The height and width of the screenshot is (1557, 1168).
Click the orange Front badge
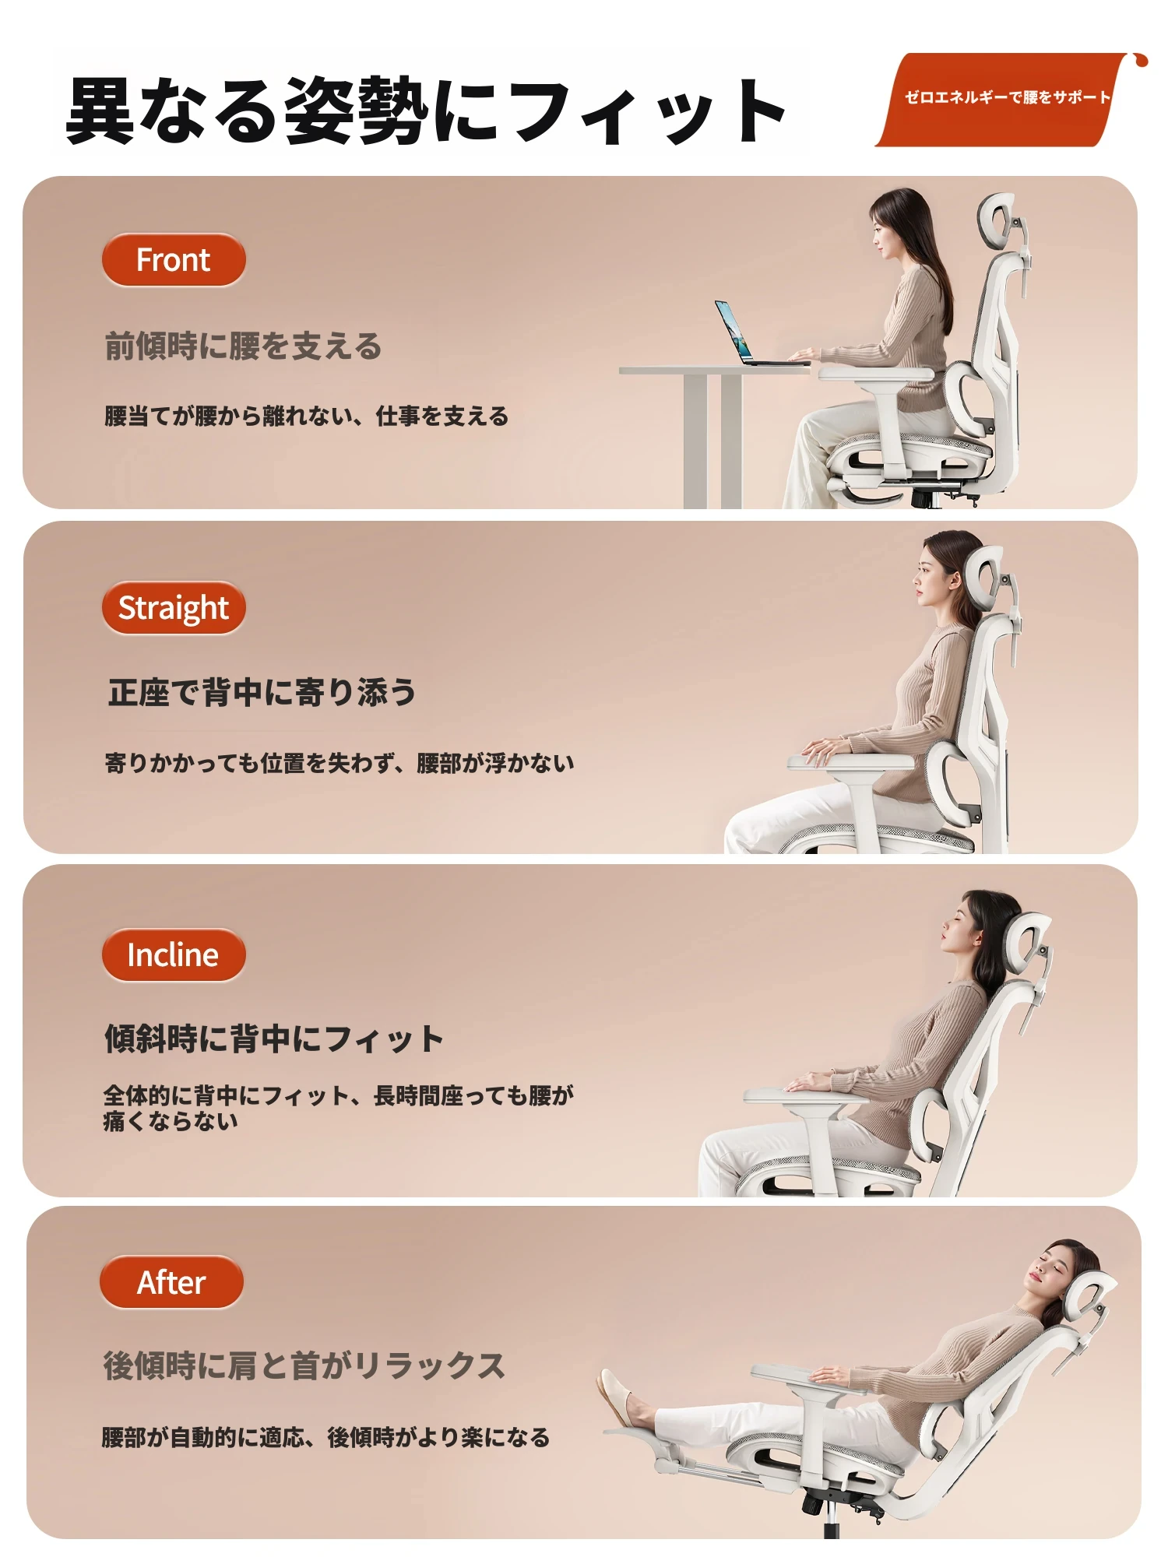coord(174,260)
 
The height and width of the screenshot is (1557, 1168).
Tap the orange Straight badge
coord(174,608)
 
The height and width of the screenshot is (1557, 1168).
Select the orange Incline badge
coord(174,955)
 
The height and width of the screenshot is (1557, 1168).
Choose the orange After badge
coord(172,1282)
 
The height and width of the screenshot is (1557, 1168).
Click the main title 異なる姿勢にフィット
coord(426,110)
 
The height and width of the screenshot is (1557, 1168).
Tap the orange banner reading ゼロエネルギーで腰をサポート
coord(1004,99)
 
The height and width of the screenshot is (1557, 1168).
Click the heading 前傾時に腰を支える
coord(243,346)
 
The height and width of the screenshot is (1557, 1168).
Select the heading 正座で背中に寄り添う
coord(262,692)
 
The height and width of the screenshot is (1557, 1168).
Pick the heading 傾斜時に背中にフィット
coord(274,1039)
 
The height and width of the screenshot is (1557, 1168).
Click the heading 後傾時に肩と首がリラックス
coord(304,1366)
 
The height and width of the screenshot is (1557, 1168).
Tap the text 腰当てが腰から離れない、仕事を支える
coord(306,416)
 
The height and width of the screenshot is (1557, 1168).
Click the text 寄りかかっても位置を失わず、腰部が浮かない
coord(339,763)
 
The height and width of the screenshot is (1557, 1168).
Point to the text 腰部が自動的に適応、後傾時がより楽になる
coord(325,1437)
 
